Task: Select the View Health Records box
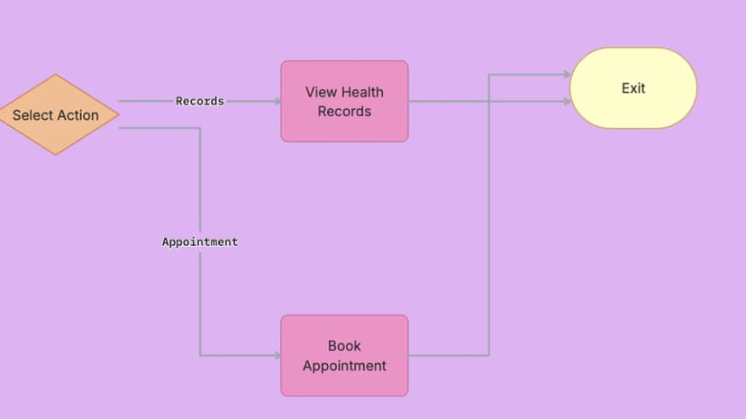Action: (344, 101)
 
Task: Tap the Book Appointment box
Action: (344, 355)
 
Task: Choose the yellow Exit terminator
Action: (633, 88)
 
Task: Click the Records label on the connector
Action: (200, 101)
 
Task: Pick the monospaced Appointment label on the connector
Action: (200, 241)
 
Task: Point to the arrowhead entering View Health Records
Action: (277, 101)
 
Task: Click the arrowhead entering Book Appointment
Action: (277, 355)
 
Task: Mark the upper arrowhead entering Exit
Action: (567, 74)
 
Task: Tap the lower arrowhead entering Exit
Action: (567, 101)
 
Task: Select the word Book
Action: (344, 346)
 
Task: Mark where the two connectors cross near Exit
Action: (489, 101)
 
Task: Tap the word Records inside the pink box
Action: (344, 112)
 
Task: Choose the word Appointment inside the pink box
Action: (344, 366)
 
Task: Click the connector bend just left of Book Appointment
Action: (200, 355)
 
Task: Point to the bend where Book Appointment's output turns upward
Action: (489, 355)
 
